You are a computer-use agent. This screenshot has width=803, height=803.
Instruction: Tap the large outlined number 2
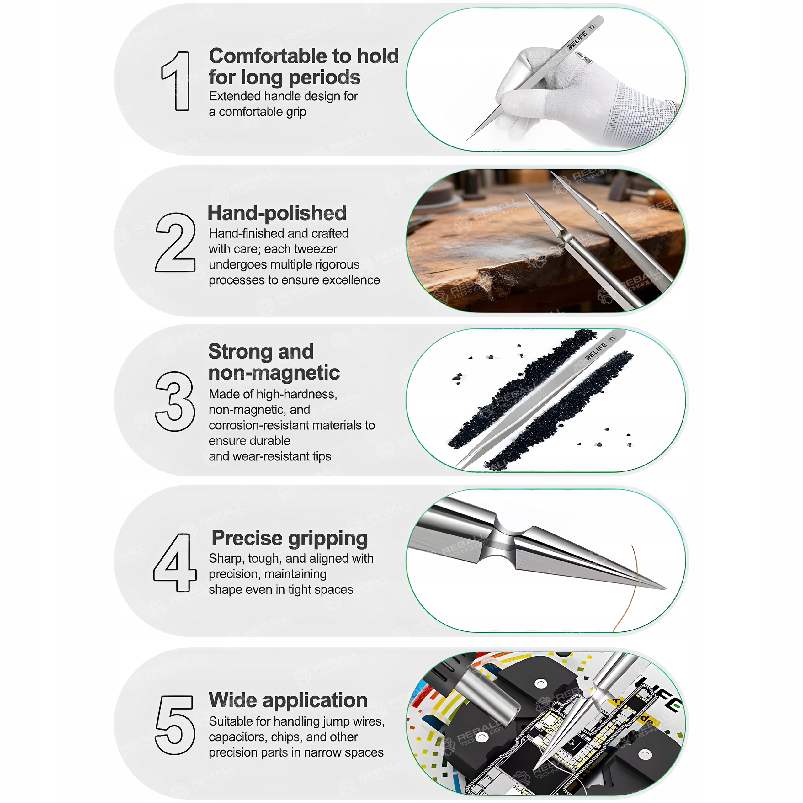click(x=175, y=242)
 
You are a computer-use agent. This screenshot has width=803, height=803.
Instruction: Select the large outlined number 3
click(x=175, y=401)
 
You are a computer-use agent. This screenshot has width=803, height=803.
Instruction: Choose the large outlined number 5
click(x=175, y=725)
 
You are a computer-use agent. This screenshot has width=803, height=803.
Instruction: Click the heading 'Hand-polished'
click(x=277, y=213)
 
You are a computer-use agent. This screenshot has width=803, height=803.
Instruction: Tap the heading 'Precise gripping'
click(x=290, y=539)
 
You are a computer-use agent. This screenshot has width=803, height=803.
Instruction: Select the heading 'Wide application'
click(x=288, y=700)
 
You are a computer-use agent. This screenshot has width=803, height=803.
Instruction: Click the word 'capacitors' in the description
click(x=238, y=737)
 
